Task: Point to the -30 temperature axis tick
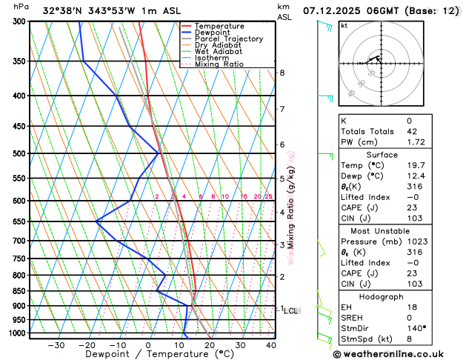pos(56,345)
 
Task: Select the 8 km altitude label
pos(282,73)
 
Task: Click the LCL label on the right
pos(291,311)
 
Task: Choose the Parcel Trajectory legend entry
pos(228,39)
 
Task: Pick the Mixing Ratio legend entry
pos(219,64)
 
